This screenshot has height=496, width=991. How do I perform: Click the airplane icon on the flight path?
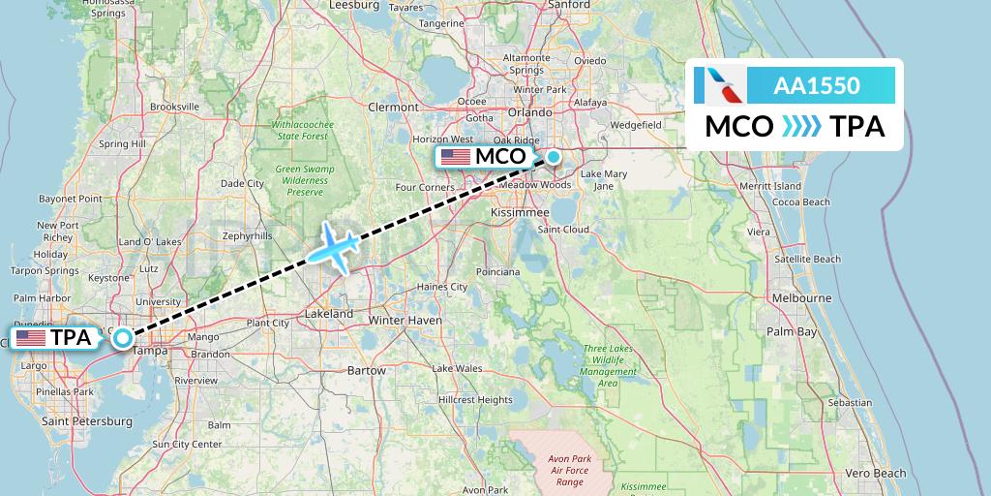tap(334, 247)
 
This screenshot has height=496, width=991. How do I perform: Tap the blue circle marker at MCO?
tap(553, 156)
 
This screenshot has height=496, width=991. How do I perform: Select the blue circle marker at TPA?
tap(123, 338)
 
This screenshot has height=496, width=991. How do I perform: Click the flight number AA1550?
tap(817, 85)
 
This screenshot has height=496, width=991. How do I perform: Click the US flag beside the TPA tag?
tap(31, 338)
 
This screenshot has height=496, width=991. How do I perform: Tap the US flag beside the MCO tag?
tap(455, 157)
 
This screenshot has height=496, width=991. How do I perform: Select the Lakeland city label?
tap(329, 315)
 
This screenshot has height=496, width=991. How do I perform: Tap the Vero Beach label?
tap(875, 473)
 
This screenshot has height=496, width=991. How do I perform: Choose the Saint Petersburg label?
tap(87, 421)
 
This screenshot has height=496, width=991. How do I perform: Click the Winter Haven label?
tap(405, 320)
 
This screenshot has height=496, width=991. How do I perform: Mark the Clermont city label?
tap(393, 108)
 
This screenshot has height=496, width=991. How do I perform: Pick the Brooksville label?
tap(174, 107)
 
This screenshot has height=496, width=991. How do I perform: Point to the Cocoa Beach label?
tap(802, 202)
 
